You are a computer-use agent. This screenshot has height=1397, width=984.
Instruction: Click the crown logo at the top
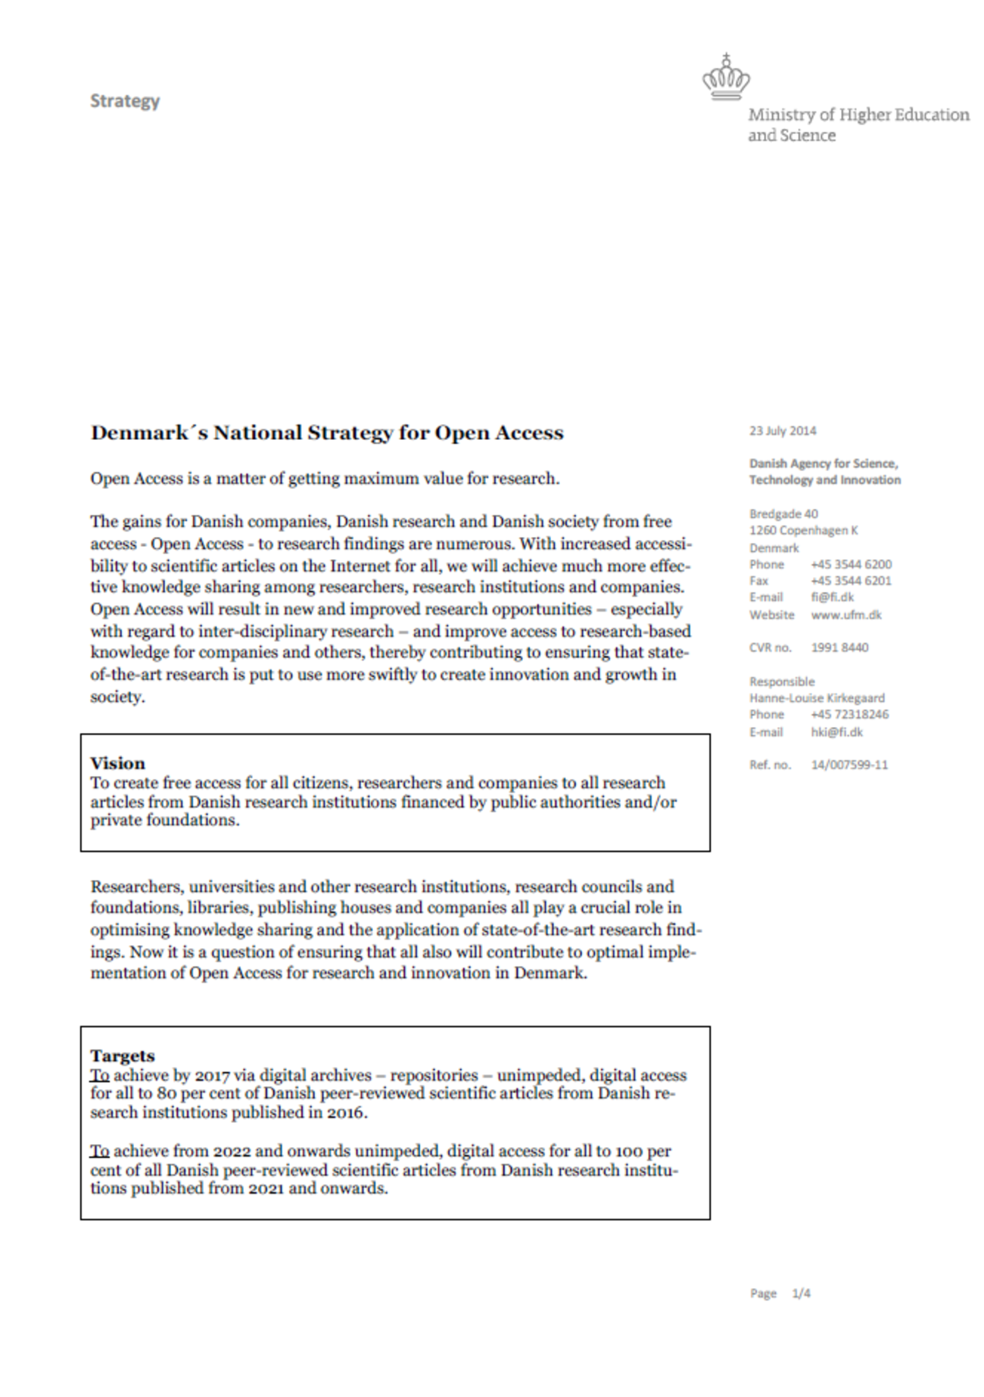[726, 78]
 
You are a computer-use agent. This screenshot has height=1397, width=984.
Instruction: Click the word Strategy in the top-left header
[125, 101]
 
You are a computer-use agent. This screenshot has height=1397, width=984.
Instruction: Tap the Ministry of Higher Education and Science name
[858, 125]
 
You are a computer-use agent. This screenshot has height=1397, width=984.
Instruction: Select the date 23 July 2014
[783, 431]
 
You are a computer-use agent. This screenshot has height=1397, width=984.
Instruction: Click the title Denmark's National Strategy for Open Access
[327, 433]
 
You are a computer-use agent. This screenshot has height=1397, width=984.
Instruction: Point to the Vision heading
[117, 763]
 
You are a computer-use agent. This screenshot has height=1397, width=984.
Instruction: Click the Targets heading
[122, 1056]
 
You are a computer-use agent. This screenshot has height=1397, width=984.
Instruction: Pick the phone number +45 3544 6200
[851, 564]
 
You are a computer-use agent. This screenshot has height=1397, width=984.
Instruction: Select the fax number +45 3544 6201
[851, 581]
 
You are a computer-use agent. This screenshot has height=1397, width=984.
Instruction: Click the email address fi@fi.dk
[832, 597]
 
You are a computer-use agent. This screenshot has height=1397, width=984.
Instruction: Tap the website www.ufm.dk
[846, 615]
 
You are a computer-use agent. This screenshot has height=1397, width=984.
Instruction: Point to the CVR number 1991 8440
[839, 647]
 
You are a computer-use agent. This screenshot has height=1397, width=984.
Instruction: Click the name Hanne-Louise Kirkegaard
[817, 697]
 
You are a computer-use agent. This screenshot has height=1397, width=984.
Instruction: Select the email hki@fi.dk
[836, 731]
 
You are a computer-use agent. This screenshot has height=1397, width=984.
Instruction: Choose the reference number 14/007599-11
[849, 765]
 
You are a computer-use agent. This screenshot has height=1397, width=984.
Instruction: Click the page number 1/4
[801, 1293]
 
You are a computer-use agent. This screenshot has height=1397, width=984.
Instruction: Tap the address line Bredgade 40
[783, 513]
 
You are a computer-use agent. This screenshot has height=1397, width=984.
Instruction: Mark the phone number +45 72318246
[849, 714]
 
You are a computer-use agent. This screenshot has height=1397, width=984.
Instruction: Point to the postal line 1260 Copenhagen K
[803, 530]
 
